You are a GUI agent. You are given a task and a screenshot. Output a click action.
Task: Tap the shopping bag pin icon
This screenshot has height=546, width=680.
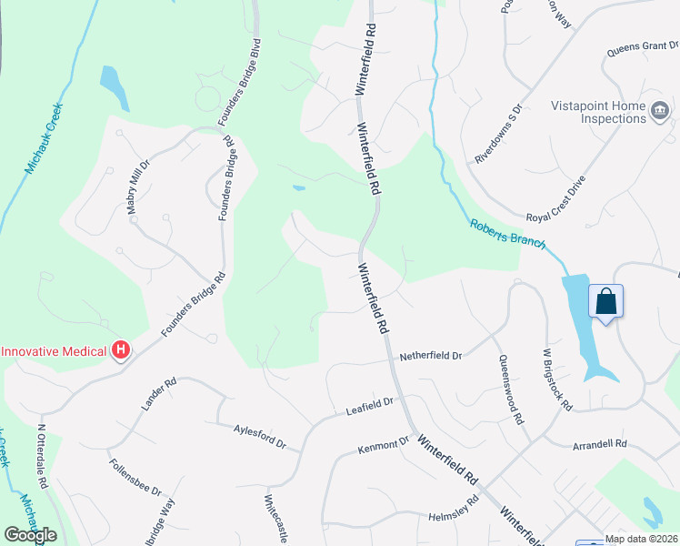[x=605, y=300]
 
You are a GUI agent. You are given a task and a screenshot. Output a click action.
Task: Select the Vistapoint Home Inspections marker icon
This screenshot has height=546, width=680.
[x=660, y=112]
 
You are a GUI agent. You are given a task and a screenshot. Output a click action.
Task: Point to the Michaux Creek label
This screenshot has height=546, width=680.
[x=43, y=138]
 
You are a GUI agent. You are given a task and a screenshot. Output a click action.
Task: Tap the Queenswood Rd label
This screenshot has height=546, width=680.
[x=510, y=389]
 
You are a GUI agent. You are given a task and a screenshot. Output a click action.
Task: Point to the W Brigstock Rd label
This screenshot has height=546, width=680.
[x=556, y=378]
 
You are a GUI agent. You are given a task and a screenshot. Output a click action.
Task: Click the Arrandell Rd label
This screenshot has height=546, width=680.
[x=600, y=445]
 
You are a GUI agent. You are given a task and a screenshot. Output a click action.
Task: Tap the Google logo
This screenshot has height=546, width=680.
[x=30, y=535]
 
